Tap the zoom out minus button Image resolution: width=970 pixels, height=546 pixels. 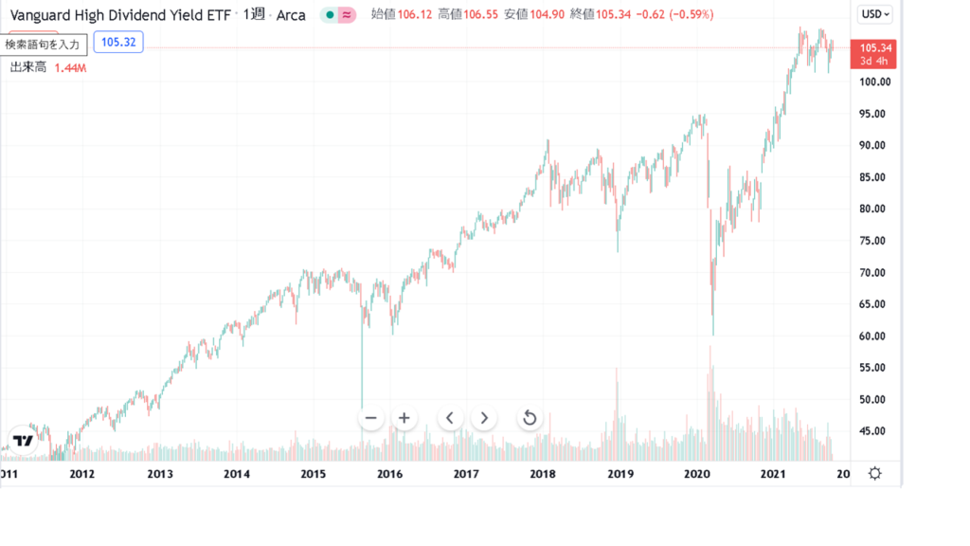pos(371,418)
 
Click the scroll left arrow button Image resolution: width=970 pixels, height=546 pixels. pos(450,418)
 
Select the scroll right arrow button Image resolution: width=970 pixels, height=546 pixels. pos(484,418)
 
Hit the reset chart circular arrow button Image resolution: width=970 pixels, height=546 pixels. pos(530,418)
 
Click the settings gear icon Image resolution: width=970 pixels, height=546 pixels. pos(875,473)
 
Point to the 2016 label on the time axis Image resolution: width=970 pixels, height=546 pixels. pos(389,474)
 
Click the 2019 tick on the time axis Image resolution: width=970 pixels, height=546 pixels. pos(620,474)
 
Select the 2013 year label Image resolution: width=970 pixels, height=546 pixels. pos(160,474)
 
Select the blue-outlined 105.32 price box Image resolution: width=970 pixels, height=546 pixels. pos(117,43)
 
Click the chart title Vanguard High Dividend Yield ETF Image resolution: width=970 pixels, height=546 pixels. pos(120,15)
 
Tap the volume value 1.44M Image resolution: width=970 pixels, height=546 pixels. pos(70,68)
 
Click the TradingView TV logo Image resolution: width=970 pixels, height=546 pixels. pos(25,440)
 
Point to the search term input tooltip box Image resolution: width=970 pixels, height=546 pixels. pos(45,45)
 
